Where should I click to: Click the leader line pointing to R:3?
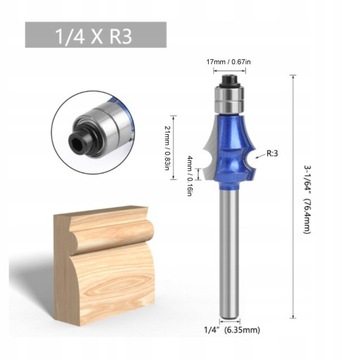click(257, 152)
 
